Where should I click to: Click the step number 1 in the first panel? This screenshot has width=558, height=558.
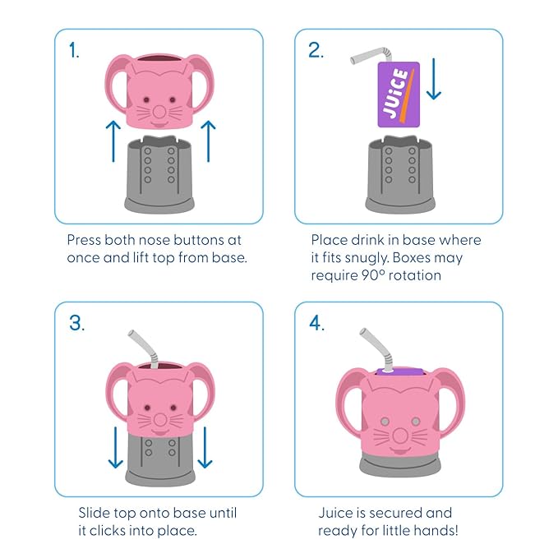tap(74, 50)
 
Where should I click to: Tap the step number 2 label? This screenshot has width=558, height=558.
tap(316, 50)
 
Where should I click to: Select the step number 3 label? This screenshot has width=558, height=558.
tap(77, 323)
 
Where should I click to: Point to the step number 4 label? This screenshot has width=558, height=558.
tap(316, 323)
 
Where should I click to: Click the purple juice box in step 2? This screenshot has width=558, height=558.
tap(399, 95)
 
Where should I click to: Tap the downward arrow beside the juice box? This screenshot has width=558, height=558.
tap(434, 79)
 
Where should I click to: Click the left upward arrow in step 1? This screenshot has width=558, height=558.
tap(113, 141)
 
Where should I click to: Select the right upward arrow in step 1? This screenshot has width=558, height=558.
tap(208, 141)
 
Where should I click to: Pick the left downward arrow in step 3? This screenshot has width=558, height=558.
tap(116, 447)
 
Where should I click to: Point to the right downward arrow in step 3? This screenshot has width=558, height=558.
tap(205, 447)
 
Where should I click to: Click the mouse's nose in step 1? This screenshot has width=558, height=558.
tap(159, 112)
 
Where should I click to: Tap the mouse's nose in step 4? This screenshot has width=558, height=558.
tap(400, 436)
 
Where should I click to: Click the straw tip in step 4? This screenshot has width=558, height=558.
tap(363, 331)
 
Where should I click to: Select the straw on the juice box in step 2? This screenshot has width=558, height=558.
tap(372, 56)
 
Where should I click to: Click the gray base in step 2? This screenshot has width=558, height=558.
tap(400, 174)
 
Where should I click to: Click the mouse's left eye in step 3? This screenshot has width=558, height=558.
tap(147, 408)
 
